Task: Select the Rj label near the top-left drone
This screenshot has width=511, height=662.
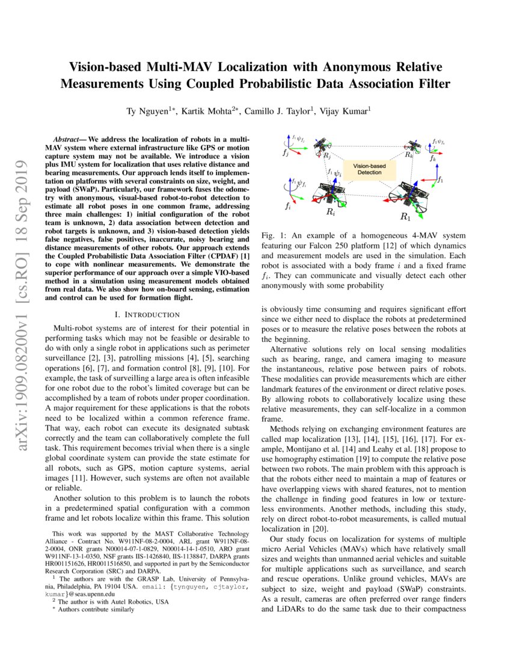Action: tap(326, 155)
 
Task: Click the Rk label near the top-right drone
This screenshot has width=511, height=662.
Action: tap(409, 155)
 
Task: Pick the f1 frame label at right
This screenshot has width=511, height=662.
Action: tap(441, 180)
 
